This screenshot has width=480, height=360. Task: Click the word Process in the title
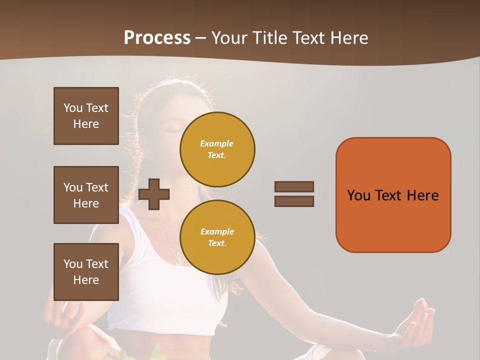point(157,38)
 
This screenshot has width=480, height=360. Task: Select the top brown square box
point(86,116)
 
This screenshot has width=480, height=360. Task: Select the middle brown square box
point(86,195)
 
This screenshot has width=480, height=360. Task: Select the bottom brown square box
point(86,272)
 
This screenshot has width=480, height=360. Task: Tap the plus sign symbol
point(154,194)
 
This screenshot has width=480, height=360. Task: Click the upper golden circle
point(217,149)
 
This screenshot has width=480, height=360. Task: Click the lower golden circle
point(217,237)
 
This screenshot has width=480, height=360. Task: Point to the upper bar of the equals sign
point(294,186)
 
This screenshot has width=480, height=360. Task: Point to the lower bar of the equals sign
point(294,201)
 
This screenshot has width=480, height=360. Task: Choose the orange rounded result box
point(393,195)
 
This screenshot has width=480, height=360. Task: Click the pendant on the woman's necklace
point(176,257)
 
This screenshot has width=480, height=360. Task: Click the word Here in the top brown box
point(86,124)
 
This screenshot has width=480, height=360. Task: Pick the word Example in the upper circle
point(216,143)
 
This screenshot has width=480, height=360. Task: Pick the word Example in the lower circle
point(217,231)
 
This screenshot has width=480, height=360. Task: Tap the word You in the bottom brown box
point(73,264)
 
